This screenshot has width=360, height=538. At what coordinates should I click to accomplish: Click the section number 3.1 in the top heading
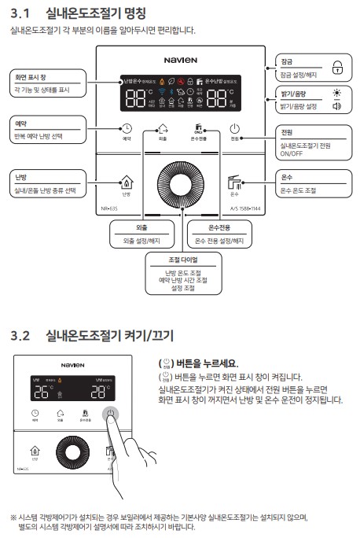tap(21, 13)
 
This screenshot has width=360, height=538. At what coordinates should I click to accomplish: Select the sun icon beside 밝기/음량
tap(337, 93)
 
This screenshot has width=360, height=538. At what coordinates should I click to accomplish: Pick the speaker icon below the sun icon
tap(337, 106)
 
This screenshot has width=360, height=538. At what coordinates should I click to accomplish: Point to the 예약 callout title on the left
tap(20, 124)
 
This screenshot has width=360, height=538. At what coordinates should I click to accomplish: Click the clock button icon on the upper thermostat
tap(127, 130)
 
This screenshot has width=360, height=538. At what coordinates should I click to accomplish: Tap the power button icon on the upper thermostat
tap(234, 130)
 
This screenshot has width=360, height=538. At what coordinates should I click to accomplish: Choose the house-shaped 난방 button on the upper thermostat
tap(125, 182)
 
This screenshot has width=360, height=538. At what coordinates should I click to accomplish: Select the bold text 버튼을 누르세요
tap(205, 363)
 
